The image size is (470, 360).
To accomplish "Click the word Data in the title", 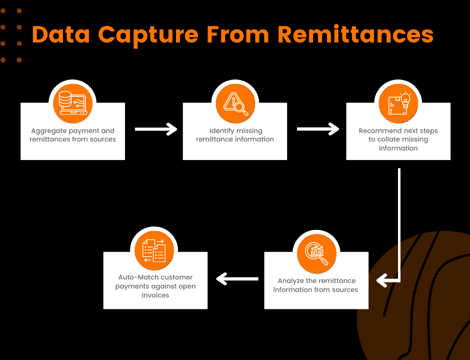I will (60, 34).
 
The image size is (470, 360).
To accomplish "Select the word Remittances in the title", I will (355, 34).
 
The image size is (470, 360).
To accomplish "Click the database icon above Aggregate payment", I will (72, 99).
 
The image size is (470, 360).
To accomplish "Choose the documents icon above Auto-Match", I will (154, 250).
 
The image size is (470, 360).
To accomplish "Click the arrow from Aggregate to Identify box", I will (156, 129).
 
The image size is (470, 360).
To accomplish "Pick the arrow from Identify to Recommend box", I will (318, 129).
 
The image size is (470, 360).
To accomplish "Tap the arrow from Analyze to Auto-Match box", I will (236, 278).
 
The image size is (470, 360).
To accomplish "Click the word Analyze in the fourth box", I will (290, 281).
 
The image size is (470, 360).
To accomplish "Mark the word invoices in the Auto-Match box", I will (155, 295).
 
